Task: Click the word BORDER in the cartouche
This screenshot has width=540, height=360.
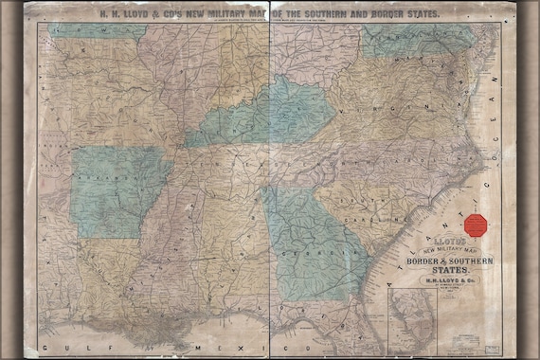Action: (420, 260)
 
